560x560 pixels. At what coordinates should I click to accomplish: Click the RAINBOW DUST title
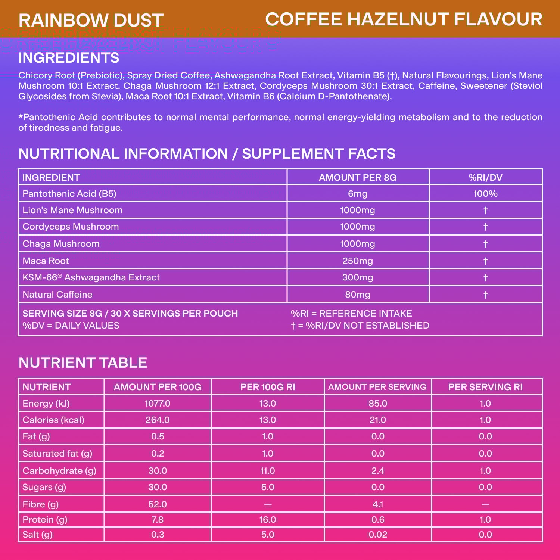(x=91, y=20)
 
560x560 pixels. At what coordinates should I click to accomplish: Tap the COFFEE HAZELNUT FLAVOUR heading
(x=404, y=19)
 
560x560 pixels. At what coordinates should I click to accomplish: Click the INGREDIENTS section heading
(x=69, y=58)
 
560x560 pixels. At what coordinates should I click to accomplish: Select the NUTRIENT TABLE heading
(x=83, y=363)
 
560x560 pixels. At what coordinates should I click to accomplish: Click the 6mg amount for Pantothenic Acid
(x=358, y=194)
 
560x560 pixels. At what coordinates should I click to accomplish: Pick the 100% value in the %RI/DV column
(x=485, y=194)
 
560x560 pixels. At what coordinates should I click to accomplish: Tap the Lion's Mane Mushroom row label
(x=72, y=210)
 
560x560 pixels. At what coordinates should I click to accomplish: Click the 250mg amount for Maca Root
(x=358, y=261)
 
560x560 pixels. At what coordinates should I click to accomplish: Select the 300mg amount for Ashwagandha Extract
(x=358, y=277)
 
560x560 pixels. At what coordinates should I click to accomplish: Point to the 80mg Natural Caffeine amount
(x=358, y=295)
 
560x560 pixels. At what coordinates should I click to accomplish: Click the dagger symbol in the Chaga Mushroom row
(x=485, y=244)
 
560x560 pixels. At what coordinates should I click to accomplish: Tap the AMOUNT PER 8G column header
(x=358, y=177)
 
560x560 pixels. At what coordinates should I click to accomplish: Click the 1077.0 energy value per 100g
(x=158, y=404)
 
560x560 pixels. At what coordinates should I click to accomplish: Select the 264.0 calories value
(x=158, y=420)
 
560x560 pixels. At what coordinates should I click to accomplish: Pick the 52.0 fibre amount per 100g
(x=158, y=504)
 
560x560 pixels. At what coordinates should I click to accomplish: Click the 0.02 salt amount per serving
(x=378, y=535)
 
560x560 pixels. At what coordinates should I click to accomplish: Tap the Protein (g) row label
(x=45, y=520)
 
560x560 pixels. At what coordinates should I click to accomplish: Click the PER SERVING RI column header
(x=485, y=387)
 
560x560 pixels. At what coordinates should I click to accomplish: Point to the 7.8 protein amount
(x=158, y=520)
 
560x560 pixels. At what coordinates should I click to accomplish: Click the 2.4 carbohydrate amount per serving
(x=378, y=471)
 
